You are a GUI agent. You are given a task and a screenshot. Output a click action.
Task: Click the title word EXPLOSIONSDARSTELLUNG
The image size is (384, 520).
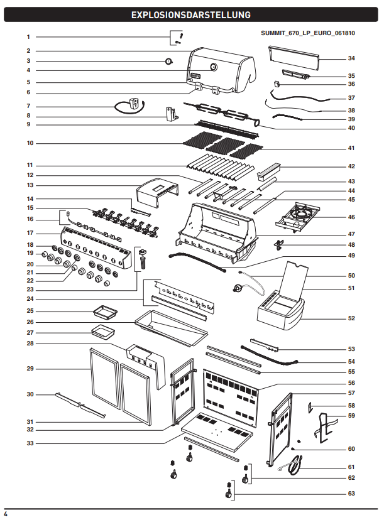[x=191, y=15]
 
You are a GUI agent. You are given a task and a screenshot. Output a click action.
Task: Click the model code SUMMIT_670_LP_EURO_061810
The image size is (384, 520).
[x=308, y=33]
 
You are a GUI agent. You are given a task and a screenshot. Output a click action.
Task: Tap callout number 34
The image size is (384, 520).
[x=351, y=58]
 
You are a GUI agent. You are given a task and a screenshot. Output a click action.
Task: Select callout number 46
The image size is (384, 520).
[x=351, y=217]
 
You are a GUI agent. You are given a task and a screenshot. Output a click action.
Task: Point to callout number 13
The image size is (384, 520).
[x=30, y=185]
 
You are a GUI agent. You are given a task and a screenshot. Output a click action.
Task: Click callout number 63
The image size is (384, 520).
[x=351, y=494]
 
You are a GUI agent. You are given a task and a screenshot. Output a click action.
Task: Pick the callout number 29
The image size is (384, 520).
[x=30, y=369]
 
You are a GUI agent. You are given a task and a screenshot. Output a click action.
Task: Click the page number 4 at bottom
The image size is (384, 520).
[x=6, y=514]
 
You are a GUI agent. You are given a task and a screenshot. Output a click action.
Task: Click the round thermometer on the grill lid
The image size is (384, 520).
[x=214, y=67]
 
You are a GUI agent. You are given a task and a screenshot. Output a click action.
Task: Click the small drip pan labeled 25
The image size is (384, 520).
[x=106, y=312]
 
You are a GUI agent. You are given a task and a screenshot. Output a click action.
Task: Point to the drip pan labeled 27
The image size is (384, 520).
[x=103, y=332]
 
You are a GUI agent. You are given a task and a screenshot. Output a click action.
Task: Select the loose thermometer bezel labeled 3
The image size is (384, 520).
[x=169, y=61]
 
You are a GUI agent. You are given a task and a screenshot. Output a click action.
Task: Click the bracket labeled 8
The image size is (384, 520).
[x=172, y=114]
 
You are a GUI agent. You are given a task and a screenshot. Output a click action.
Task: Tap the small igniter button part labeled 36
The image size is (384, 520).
[x=277, y=84]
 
